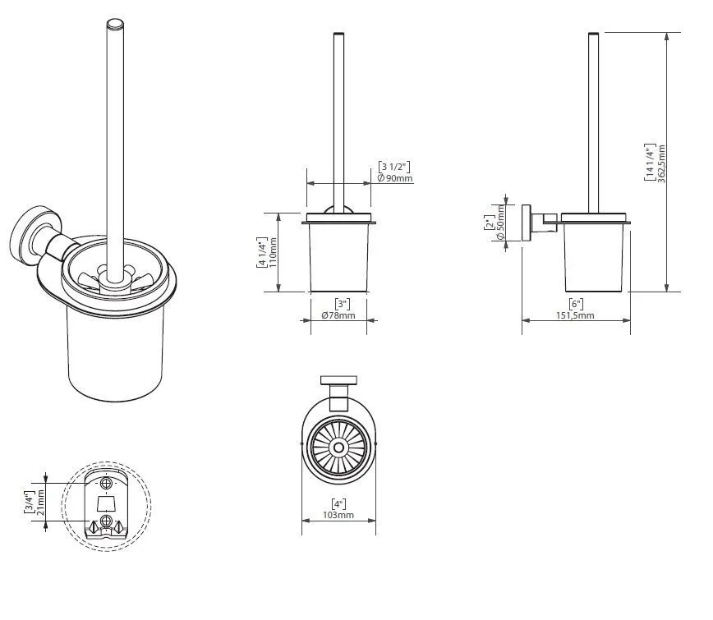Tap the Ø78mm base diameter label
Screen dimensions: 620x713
338,315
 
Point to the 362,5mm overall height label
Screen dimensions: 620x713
661,163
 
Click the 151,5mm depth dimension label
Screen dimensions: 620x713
575,315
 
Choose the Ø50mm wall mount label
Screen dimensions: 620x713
500,223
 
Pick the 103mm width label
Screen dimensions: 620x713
338,515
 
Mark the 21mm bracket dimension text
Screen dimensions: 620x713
39,499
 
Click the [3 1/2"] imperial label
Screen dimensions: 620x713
394,166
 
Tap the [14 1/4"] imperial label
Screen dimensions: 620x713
650,163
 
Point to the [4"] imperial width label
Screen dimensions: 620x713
338,503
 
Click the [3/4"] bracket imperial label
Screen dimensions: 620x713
29,499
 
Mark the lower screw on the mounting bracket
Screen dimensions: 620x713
106,521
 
